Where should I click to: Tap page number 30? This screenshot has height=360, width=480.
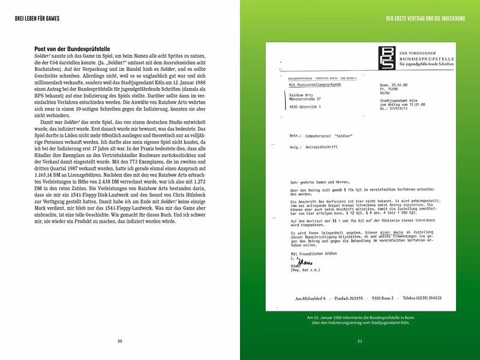pos(119,341)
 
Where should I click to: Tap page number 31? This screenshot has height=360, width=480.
pos(359,341)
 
